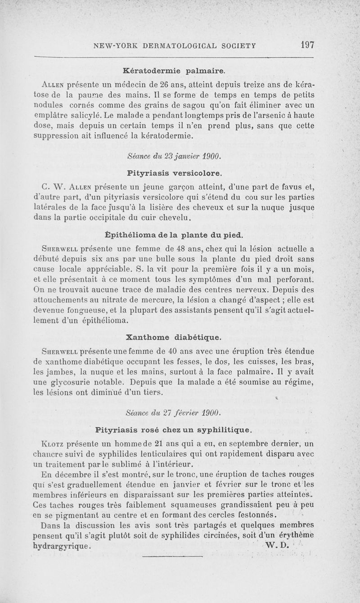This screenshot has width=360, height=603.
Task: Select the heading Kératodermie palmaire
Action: tap(174, 71)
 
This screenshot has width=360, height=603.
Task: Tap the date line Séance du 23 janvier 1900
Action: tap(173, 156)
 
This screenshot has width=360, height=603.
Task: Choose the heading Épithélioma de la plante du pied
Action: tap(174, 235)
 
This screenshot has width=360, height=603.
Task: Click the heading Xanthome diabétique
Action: tap(174, 337)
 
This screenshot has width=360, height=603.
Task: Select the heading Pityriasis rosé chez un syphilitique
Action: tap(174, 429)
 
